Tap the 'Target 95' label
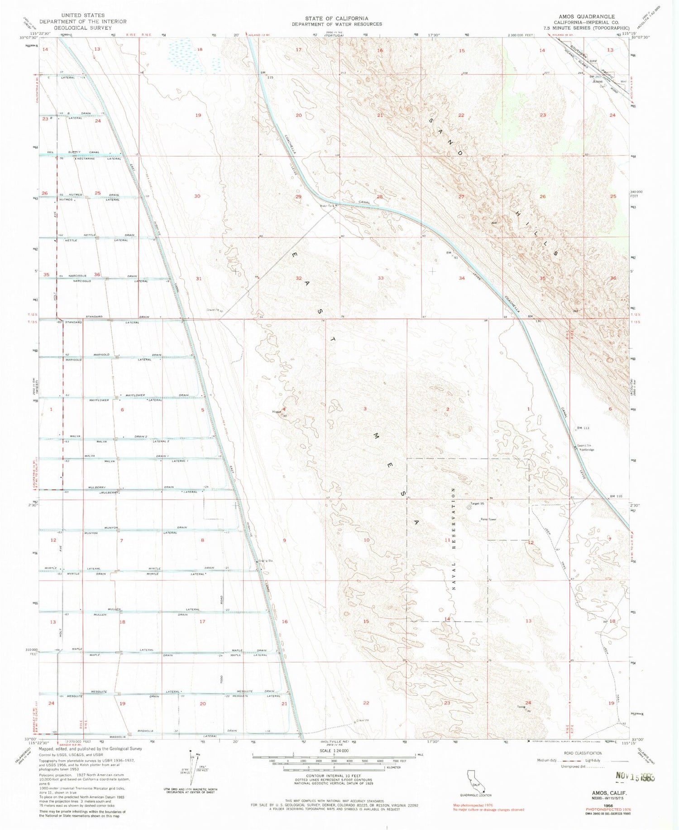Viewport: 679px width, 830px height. click(x=477, y=503)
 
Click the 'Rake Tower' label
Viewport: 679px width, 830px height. click(x=488, y=520)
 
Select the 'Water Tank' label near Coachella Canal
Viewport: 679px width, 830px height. click(x=327, y=206)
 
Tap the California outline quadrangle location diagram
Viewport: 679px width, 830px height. click(x=475, y=781)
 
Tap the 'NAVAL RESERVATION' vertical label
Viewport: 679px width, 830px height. click(x=452, y=539)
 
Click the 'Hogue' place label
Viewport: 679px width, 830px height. click(x=277, y=412)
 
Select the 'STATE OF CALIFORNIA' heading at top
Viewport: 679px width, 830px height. click(x=336, y=18)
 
